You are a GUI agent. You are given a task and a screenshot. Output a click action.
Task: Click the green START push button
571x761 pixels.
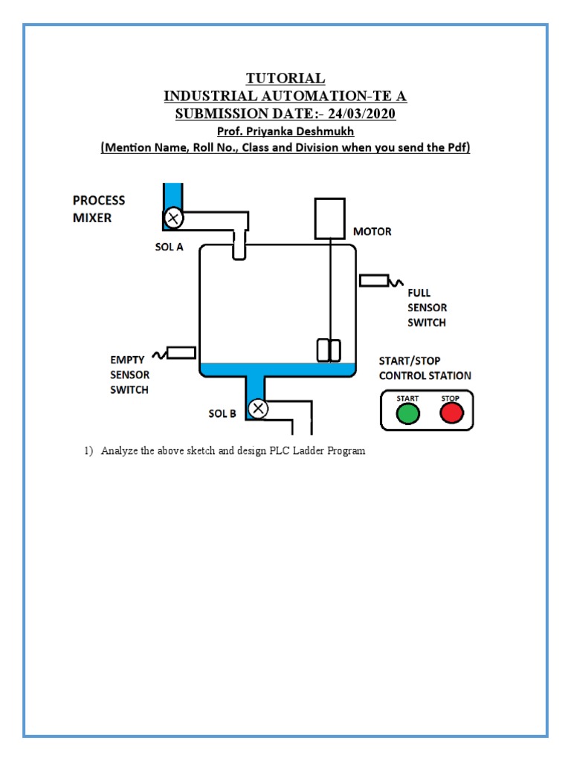[x=407, y=414]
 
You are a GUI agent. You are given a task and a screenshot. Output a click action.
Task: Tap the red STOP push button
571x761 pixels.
[x=451, y=414]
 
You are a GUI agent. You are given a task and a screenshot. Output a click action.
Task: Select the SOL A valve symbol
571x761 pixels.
[x=174, y=218]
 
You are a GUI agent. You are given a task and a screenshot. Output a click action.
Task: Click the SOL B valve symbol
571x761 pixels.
[x=258, y=409]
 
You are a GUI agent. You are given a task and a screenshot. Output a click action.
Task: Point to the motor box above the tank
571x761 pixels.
[x=329, y=218]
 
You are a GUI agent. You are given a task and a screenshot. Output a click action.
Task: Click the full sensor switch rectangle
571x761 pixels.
[x=374, y=280]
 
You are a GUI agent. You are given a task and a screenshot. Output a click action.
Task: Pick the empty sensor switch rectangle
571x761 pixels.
[x=181, y=352]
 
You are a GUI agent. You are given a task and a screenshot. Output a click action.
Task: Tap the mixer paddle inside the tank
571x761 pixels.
[x=329, y=350]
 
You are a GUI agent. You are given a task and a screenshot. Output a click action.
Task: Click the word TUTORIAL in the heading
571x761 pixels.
[x=285, y=78]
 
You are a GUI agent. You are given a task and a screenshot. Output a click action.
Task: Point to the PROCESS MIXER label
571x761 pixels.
[x=99, y=209]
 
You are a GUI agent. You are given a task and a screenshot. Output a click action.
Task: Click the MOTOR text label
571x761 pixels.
[x=372, y=231]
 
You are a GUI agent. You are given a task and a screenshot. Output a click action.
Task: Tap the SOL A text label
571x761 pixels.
[x=169, y=247]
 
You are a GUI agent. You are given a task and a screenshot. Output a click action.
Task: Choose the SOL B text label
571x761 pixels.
[x=222, y=414]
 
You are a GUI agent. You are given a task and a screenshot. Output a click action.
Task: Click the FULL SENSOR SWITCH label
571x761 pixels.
[x=427, y=308]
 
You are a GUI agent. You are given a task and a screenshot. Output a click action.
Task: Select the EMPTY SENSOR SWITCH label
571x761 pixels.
[x=129, y=375]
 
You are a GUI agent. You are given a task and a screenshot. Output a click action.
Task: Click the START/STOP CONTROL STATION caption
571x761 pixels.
[x=425, y=368]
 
